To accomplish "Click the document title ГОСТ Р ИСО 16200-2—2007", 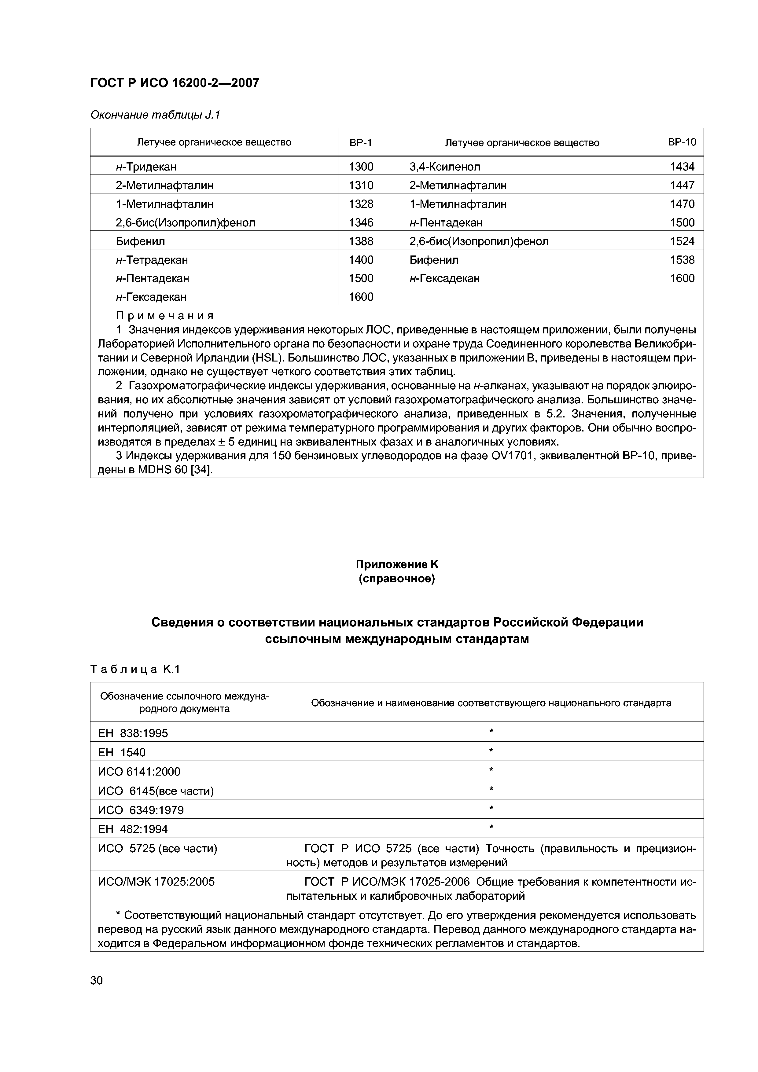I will [174, 83].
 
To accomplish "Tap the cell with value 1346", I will [361, 223].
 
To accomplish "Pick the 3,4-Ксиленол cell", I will [445, 167].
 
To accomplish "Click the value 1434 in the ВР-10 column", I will [682, 167].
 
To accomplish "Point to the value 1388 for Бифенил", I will [361, 241].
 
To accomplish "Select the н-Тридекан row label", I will [146, 167].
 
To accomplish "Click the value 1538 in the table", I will [682, 260].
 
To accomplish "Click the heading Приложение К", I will [397, 564].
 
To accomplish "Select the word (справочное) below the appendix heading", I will [397, 579].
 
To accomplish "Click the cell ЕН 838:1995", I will [133, 733].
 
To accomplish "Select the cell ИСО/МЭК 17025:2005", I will [156, 882].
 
